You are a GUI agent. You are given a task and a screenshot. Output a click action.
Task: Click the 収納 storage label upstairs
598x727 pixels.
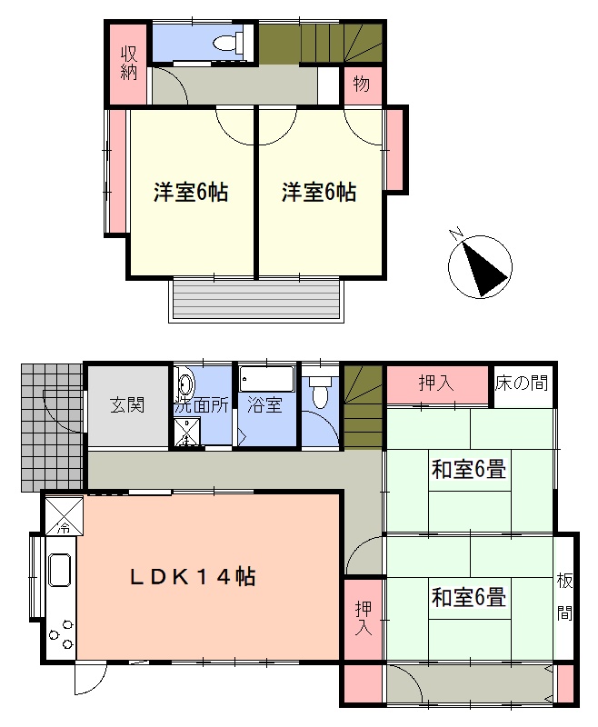129,64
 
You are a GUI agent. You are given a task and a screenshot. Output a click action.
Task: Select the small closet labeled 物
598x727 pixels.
363,85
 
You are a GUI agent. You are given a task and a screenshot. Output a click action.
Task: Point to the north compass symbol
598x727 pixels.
480,265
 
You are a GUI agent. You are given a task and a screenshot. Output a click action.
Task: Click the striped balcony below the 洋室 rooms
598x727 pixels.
256,300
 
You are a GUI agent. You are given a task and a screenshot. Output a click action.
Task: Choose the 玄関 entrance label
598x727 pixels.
127,405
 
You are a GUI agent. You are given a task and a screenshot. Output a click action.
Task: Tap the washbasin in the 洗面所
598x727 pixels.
185,385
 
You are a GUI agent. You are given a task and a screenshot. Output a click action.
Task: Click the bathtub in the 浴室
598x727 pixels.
267,379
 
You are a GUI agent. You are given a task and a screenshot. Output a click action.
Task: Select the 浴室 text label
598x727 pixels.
264,404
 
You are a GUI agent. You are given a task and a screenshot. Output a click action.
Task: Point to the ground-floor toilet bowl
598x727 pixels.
320,393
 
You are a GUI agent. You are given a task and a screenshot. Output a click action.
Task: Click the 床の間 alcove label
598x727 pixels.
522,383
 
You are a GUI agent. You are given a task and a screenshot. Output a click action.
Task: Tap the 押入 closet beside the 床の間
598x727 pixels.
438,384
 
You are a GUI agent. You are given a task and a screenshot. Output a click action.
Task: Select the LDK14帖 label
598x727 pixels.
193,577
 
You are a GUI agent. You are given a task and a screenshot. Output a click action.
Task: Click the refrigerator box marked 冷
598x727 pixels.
64,515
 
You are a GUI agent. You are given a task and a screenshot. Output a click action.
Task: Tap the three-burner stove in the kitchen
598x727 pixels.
61,634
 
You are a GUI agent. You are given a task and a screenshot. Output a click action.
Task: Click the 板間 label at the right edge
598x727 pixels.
564,597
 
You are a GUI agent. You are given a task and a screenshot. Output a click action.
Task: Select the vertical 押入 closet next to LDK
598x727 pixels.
364,619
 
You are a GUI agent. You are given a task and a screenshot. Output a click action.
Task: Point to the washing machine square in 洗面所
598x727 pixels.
187,432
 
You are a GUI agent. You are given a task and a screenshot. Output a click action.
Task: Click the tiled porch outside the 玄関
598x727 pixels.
52,427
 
